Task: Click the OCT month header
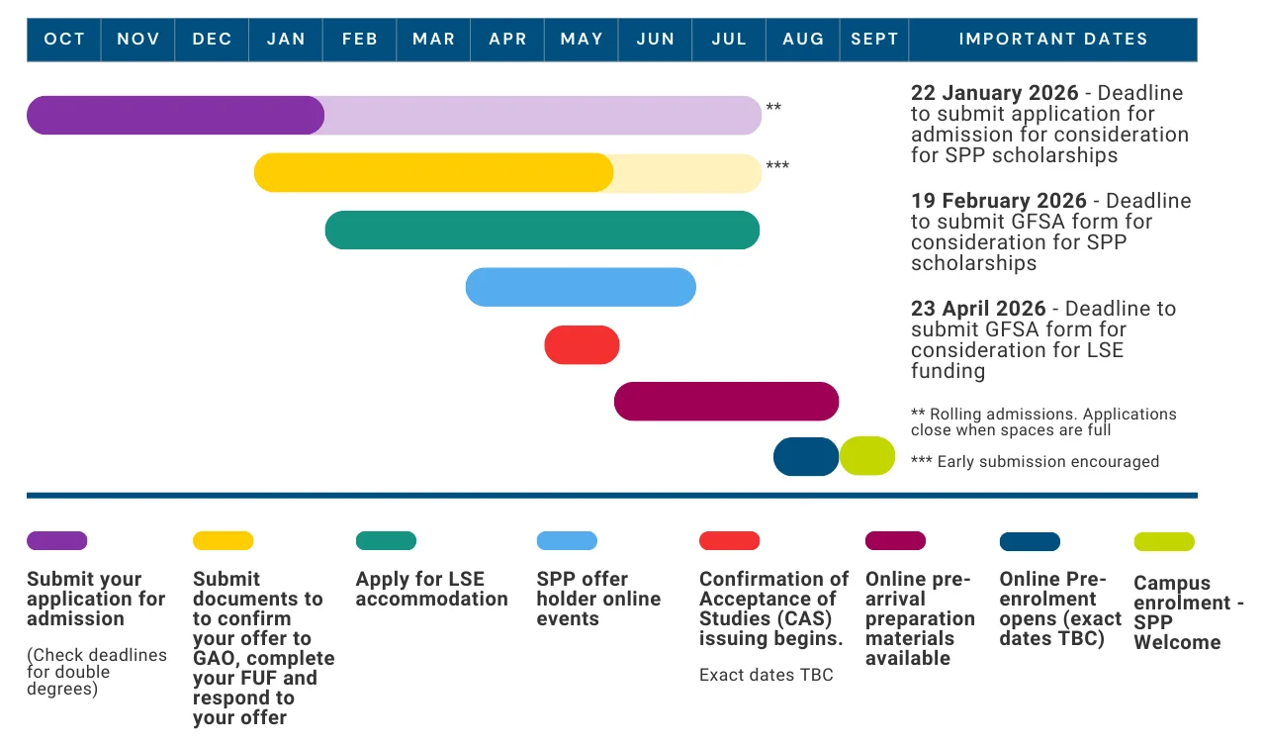64,40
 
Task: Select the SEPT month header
874,40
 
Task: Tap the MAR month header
433,40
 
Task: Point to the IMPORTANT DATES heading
1053,40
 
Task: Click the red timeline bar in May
582,345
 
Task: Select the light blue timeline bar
581,287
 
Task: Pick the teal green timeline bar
542,230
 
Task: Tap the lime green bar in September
867,456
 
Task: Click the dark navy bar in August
806,456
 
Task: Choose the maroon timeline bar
726,402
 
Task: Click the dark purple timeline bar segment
175,115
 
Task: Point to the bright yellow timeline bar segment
433,172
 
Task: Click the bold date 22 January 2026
994,93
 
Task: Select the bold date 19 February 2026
998,201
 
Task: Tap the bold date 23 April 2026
978,309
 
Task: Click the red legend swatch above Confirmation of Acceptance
729,541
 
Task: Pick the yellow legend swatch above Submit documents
223,541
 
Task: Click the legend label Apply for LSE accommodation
431,589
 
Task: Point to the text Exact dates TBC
766,675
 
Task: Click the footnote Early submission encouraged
1035,462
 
